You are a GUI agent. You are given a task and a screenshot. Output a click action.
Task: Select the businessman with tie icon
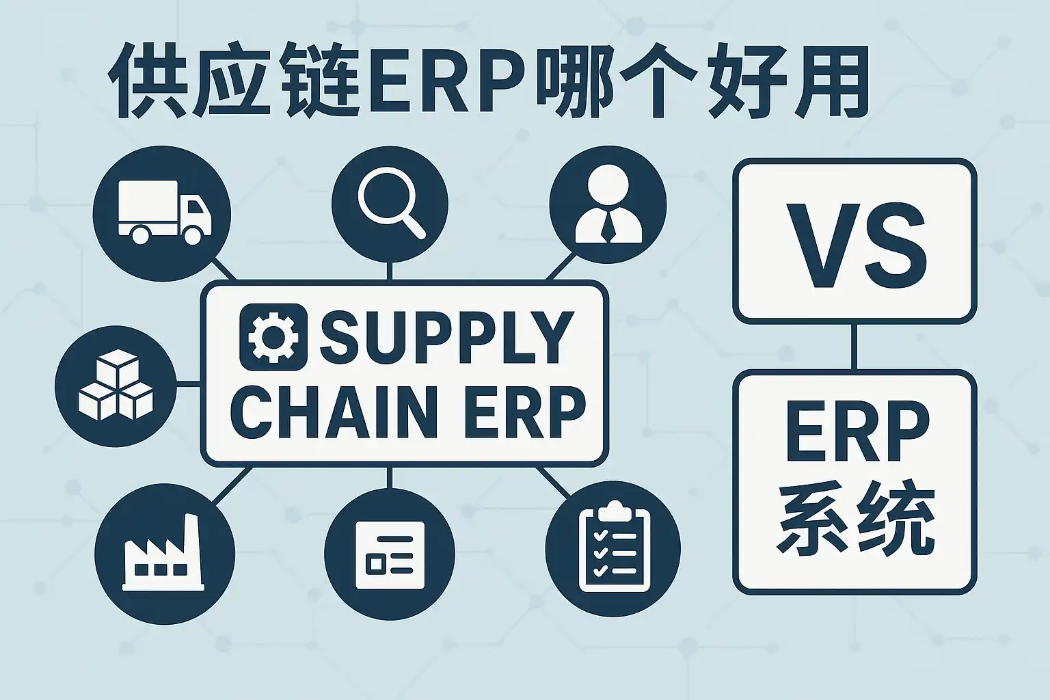click(x=608, y=204)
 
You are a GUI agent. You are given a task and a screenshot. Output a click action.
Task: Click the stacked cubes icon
click(x=116, y=386)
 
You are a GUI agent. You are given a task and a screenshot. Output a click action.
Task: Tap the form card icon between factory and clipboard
click(x=390, y=554)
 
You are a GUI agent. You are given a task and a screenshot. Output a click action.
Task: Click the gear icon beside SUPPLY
click(x=273, y=337)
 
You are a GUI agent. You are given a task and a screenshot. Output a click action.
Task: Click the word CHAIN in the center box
click(x=329, y=412)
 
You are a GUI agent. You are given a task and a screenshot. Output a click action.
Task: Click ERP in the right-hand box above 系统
click(x=857, y=431)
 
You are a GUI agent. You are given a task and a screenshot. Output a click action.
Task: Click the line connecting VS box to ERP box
click(x=854, y=347)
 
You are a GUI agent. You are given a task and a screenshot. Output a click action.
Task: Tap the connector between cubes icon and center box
click(x=189, y=384)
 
